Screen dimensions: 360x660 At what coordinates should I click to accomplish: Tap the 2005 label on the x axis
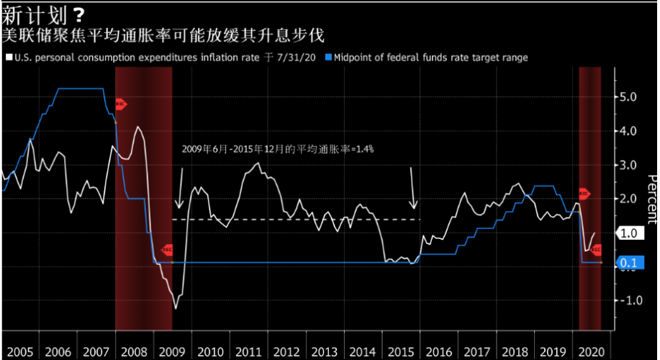pyautogui.click(x=19, y=352)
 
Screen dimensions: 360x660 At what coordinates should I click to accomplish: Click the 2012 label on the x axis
pyautogui.click(x=286, y=352)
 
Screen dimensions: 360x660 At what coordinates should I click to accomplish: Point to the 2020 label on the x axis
pyautogui.click(x=590, y=352)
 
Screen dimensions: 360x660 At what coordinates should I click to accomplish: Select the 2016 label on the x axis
pyautogui.click(x=438, y=352)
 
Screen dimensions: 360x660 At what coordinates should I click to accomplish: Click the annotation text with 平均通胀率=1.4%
pyautogui.click(x=277, y=149)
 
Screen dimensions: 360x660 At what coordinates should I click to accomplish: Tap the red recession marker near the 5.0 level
pyautogui.click(x=120, y=104)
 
